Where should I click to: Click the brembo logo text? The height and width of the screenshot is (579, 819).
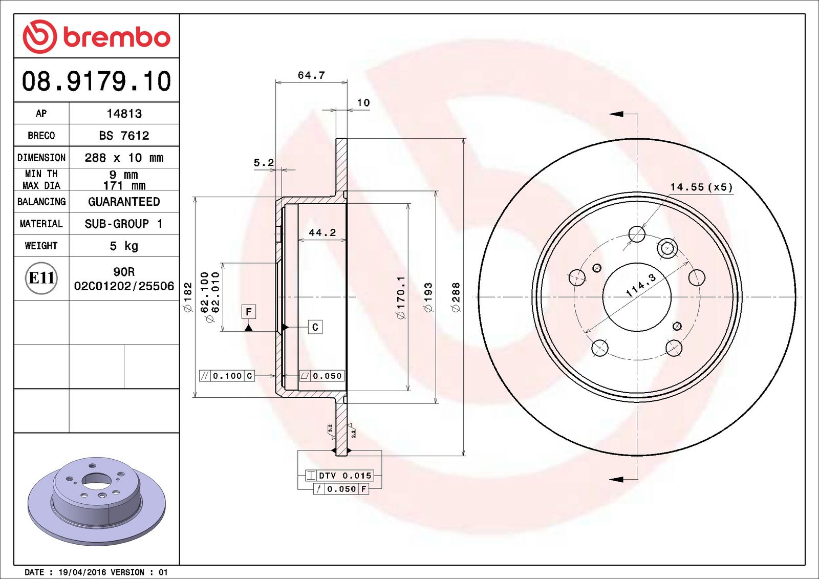pyautogui.click(x=117, y=37)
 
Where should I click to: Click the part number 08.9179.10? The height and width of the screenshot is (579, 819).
pyautogui.click(x=96, y=81)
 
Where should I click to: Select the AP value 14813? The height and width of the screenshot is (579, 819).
pyautogui.click(x=124, y=114)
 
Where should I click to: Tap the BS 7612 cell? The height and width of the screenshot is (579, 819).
pyautogui.click(x=124, y=136)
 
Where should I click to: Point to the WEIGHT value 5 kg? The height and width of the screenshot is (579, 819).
pyautogui.click(x=124, y=246)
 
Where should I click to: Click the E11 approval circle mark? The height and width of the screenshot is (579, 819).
pyautogui.click(x=41, y=278)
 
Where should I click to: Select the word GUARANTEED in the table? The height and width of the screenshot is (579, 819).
pyautogui.click(x=124, y=202)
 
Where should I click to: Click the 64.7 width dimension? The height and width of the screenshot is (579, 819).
pyautogui.click(x=311, y=75)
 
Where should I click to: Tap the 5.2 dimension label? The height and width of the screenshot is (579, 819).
pyautogui.click(x=264, y=163)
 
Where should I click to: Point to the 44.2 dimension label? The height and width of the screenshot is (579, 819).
pyautogui.click(x=322, y=232)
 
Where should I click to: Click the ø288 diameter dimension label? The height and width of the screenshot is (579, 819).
pyautogui.click(x=456, y=297)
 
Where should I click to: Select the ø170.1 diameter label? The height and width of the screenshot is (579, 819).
pyautogui.click(x=401, y=297)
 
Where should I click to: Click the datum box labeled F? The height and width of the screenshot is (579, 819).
pyautogui.click(x=249, y=311)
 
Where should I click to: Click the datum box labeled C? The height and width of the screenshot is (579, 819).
pyautogui.click(x=315, y=327)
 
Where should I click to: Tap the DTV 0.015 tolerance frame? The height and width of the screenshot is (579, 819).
pyautogui.click(x=340, y=476)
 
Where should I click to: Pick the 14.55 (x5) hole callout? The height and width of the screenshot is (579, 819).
pyautogui.click(x=701, y=187)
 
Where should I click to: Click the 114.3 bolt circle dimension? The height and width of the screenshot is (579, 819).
pyautogui.click(x=641, y=286)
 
